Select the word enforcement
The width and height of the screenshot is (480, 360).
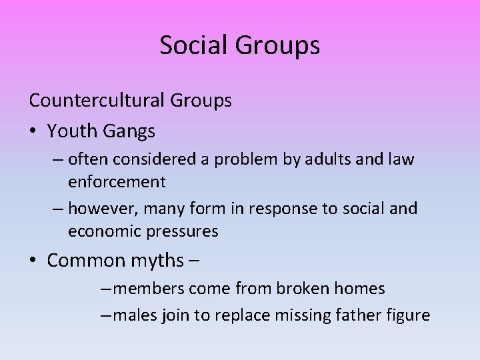pyautogui.click(x=117, y=181)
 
